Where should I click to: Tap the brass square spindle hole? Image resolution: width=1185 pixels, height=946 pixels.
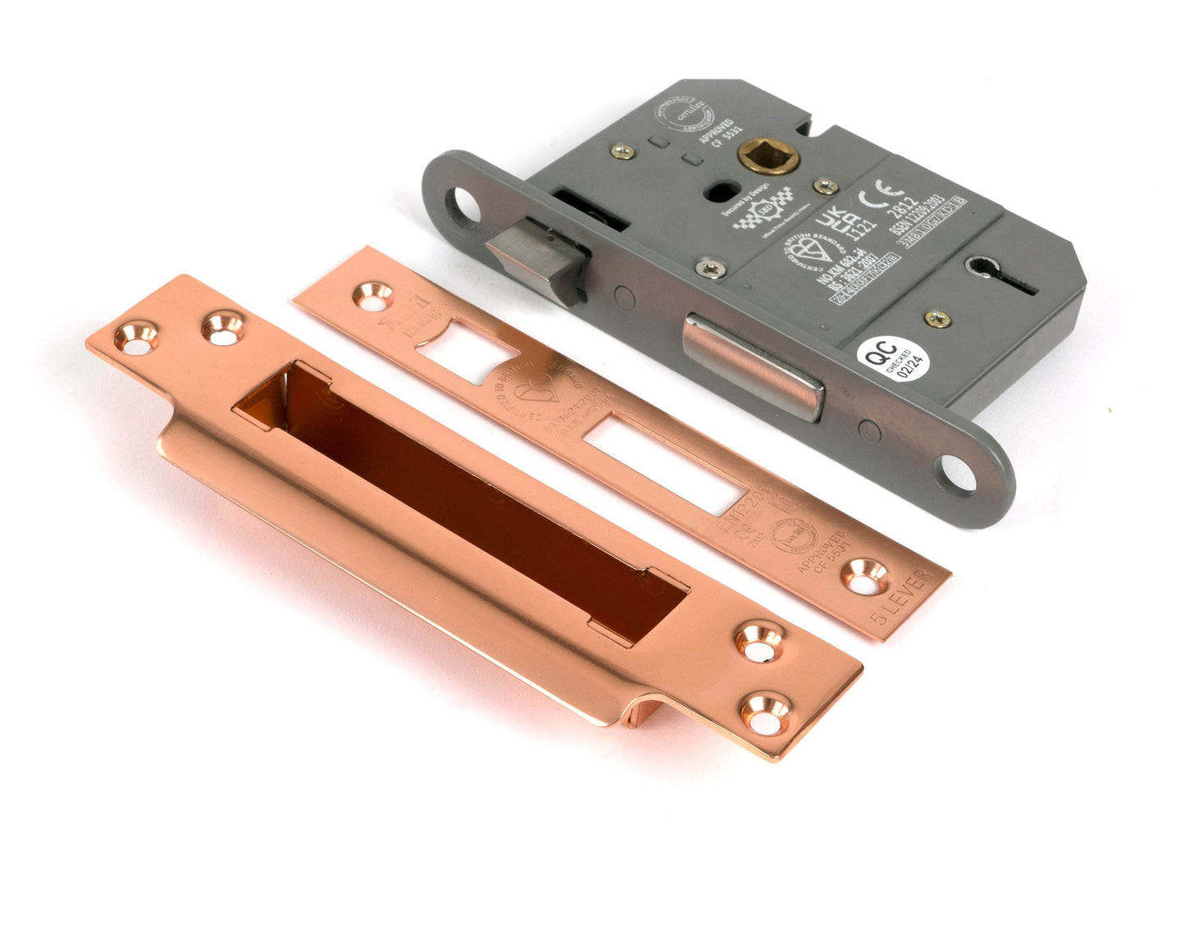(x=751, y=156)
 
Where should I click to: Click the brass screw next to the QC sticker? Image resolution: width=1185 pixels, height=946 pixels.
(x=938, y=318)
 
